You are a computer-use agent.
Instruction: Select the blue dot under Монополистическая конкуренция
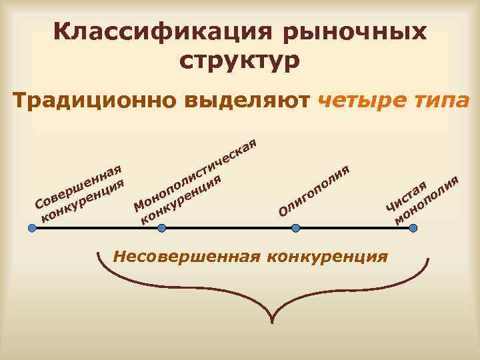(161, 227)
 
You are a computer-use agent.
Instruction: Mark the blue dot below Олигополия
(293, 227)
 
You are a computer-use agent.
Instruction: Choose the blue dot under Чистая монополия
(413, 227)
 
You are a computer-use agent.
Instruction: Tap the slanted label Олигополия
(313, 191)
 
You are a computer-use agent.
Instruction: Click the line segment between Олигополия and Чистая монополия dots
(353, 227)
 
